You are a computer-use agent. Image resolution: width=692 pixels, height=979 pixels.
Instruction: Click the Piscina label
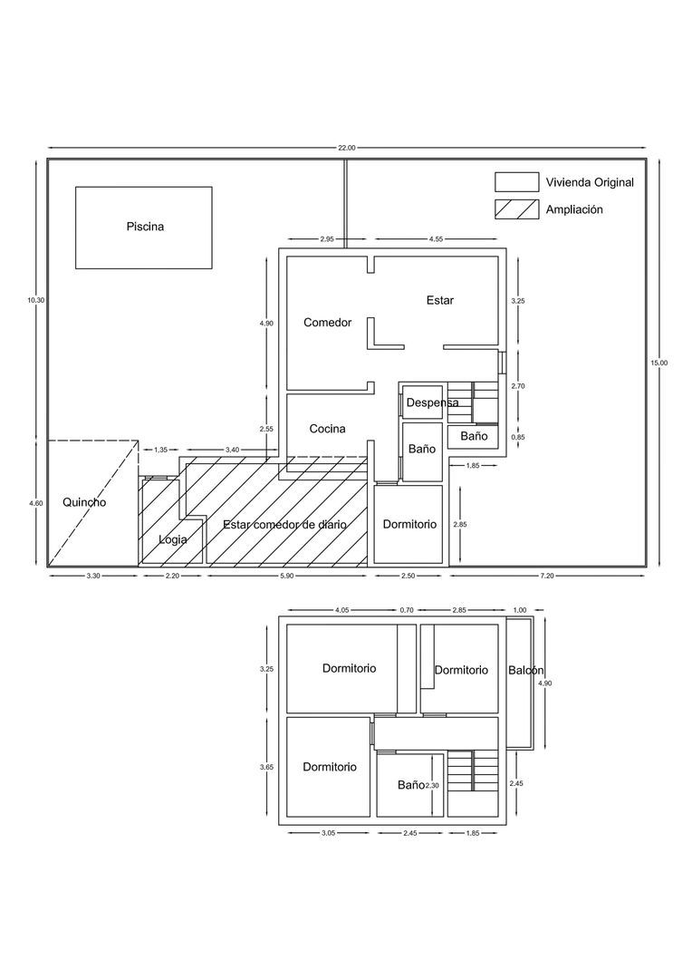tap(145, 227)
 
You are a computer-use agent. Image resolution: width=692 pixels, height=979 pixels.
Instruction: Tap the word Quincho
tap(84, 502)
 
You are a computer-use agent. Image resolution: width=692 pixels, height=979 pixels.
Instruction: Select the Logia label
tap(173, 539)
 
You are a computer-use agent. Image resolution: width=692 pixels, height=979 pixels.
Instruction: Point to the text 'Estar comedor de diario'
tap(285, 524)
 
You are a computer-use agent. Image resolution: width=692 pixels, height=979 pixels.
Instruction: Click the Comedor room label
tap(327, 323)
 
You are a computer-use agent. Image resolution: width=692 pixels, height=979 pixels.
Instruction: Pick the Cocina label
tap(327, 429)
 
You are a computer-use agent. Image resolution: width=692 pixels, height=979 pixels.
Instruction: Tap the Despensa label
tap(432, 402)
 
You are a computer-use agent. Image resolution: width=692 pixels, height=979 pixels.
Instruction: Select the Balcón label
tap(525, 671)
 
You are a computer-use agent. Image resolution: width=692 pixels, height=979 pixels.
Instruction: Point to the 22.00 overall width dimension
tap(346, 148)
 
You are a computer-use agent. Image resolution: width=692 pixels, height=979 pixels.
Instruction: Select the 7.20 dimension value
tap(547, 576)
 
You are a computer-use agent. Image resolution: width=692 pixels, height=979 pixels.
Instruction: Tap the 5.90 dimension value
tap(287, 576)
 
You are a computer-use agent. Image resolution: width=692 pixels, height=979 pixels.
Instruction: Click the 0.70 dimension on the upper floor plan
tap(406, 611)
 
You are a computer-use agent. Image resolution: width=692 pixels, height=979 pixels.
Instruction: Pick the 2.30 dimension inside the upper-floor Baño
tap(432, 786)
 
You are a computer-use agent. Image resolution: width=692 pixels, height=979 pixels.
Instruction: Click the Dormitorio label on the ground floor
tap(409, 524)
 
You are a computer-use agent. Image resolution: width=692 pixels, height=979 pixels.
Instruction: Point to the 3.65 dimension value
tap(265, 767)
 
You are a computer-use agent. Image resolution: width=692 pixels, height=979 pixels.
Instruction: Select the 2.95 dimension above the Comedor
tap(327, 239)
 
